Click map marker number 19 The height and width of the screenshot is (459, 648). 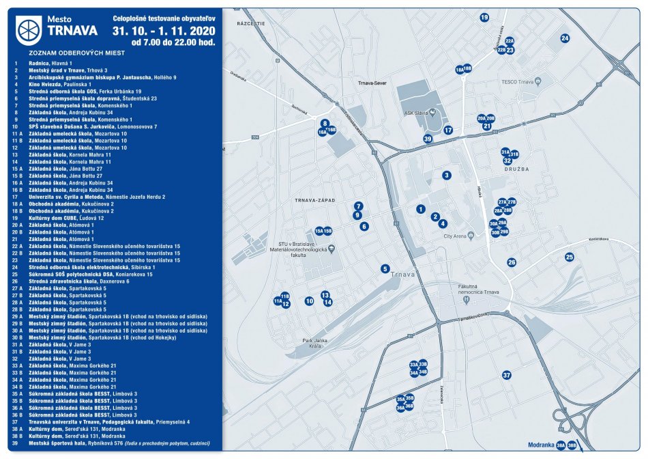pos(484,17)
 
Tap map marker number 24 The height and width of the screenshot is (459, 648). pos(565,38)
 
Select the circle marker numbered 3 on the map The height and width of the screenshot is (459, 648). pos(446,176)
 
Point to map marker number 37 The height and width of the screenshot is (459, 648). pos(506,376)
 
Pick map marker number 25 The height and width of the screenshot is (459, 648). pos(570,258)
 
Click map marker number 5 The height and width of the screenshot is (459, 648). pos(385,269)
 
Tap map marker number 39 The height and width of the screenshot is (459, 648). pos(428,139)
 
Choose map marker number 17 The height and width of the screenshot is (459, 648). pos(448,130)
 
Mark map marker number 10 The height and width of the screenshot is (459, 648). pos(309,301)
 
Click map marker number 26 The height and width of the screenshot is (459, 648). pos(512,262)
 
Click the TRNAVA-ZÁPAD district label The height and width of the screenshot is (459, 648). pos(312,201)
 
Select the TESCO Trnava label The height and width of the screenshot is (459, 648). pos(516,83)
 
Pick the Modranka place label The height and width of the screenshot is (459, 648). pos(539,445)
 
